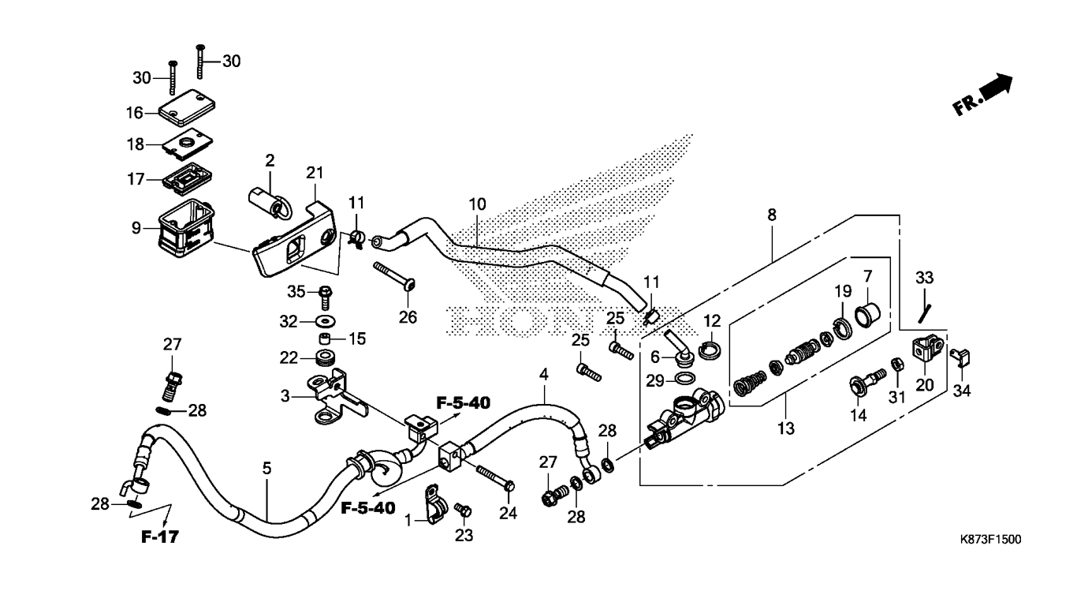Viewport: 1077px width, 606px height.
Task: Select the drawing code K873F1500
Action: point(990,539)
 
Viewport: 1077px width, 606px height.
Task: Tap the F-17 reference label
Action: point(160,537)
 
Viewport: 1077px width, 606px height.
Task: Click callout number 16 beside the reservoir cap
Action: point(135,113)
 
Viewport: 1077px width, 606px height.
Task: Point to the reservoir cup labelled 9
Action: point(185,228)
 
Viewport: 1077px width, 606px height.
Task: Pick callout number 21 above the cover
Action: point(315,172)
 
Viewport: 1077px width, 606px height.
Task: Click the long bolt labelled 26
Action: point(394,277)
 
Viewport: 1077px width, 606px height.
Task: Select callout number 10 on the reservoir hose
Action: point(478,204)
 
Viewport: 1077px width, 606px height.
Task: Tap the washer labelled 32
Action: point(326,321)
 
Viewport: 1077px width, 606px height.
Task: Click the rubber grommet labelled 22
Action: point(326,358)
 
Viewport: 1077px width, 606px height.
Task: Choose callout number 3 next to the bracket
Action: point(285,396)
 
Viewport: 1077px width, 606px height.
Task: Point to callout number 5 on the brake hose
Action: point(266,468)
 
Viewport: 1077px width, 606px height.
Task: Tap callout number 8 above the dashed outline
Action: point(772,215)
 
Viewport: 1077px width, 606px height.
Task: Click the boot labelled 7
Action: point(867,313)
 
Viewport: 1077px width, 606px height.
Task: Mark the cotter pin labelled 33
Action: point(924,313)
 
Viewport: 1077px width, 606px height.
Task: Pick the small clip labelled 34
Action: point(960,358)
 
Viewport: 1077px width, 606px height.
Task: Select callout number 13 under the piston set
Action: point(786,428)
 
